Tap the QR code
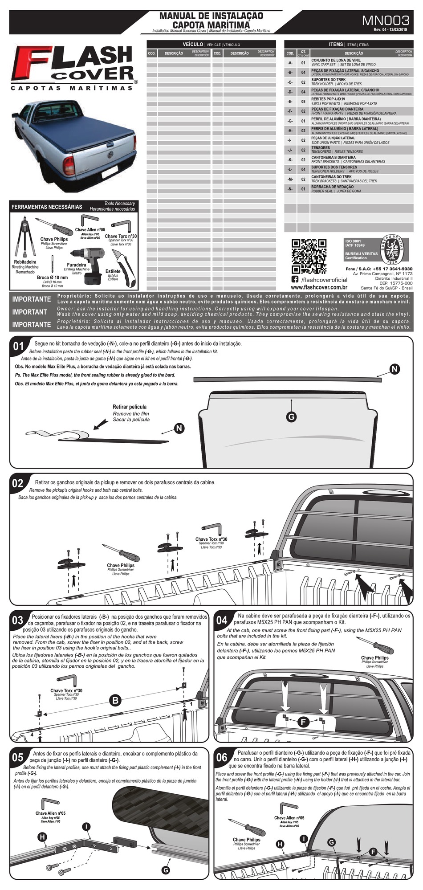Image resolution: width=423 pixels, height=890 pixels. click(309, 256)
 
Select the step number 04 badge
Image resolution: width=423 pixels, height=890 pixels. click(222, 621)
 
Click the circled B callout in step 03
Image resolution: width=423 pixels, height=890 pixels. click(115, 700)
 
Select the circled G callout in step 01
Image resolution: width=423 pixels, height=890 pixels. click(291, 416)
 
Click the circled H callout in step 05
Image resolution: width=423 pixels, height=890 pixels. click(42, 837)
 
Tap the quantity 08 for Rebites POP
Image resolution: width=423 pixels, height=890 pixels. click(303, 102)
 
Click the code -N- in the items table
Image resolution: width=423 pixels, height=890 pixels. click(290, 189)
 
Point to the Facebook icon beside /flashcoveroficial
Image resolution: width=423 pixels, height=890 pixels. click(295, 279)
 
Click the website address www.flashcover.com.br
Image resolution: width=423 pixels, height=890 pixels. click(319, 288)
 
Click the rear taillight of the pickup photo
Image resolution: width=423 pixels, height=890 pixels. click(69, 165)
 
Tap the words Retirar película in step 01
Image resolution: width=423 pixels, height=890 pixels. click(129, 407)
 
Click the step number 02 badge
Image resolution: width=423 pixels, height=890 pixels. click(17, 483)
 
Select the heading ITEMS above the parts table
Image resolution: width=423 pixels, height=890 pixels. click(336, 45)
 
